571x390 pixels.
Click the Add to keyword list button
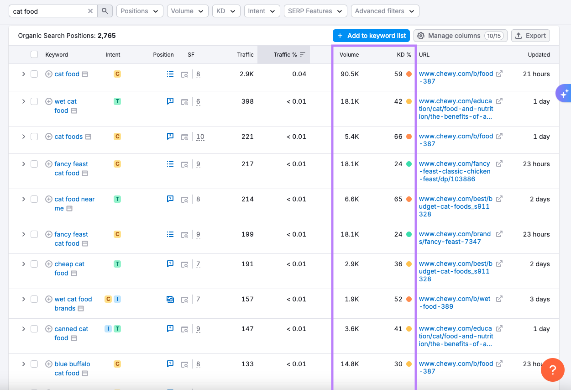click(x=371, y=36)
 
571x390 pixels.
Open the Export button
click(x=530, y=36)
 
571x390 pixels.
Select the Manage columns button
click(x=460, y=36)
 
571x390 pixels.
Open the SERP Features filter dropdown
click(x=315, y=11)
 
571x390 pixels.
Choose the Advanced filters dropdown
click(x=385, y=11)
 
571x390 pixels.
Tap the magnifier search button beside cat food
click(x=105, y=11)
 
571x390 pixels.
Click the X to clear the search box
click(x=90, y=11)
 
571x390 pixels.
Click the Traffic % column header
click(x=285, y=55)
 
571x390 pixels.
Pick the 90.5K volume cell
click(x=350, y=74)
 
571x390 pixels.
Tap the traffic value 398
click(x=247, y=101)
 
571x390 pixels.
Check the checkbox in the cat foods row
click(x=34, y=137)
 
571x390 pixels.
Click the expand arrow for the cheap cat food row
click(x=24, y=264)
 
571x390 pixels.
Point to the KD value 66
click(x=398, y=137)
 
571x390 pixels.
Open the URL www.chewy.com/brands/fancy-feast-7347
click(x=455, y=238)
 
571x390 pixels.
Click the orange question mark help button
click(x=552, y=370)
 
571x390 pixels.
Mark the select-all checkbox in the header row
click(x=34, y=55)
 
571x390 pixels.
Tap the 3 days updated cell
click(x=540, y=299)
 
